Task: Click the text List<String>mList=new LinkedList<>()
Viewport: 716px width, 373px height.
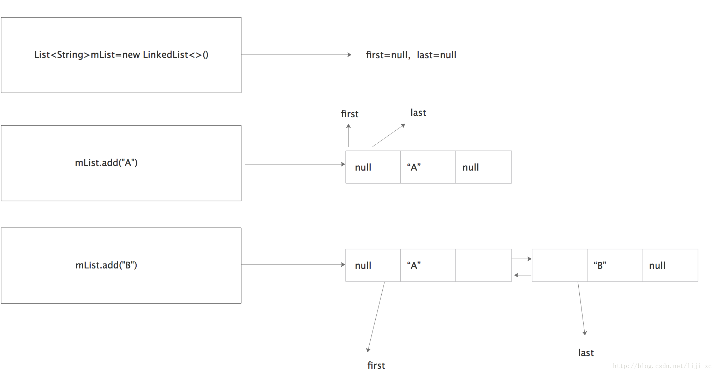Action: click(121, 55)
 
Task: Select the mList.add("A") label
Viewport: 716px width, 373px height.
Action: click(106, 163)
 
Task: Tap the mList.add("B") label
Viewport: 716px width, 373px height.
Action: click(106, 265)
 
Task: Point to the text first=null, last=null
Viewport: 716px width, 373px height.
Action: click(411, 55)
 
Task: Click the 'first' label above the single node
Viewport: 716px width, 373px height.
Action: click(350, 114)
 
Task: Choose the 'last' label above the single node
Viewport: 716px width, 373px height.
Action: click(418, 113)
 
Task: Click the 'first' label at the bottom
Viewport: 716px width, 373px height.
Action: click(376, 366)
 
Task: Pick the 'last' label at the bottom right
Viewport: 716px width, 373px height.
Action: click(586, 353)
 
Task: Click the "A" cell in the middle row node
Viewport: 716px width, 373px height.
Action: click(428, 167)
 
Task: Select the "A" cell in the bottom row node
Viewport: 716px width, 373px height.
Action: click(428, 265)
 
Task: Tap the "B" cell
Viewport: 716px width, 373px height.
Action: click(615, 265)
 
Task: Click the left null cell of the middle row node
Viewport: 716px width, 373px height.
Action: click(373, 167)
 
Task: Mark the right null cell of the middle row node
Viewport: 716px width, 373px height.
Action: click(484, 167)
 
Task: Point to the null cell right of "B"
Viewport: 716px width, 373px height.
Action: click(670, 265)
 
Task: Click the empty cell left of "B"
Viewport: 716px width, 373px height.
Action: click(560, 265)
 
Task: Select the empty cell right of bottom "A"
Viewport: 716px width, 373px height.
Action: click(484, 265)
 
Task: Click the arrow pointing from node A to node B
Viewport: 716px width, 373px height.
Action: click(521, 259)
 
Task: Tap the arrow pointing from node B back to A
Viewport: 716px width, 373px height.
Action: click(523, 275)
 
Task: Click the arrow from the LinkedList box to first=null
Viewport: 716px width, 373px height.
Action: click(296, 55)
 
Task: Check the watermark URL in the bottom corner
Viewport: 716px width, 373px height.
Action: click(662, 366)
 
